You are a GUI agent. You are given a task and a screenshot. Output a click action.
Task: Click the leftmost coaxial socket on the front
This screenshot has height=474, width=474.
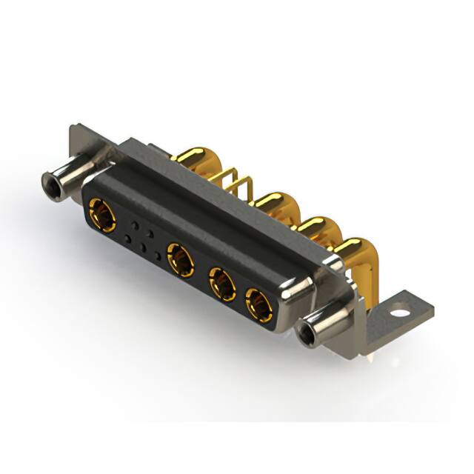pos(101,216)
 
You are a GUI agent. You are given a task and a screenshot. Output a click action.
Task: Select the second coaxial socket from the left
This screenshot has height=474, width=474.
pos(180,260)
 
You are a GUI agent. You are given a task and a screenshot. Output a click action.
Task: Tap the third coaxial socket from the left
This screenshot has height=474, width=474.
pos(221,283)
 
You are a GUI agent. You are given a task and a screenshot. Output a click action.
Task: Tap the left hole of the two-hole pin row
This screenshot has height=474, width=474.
pos(134,223)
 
